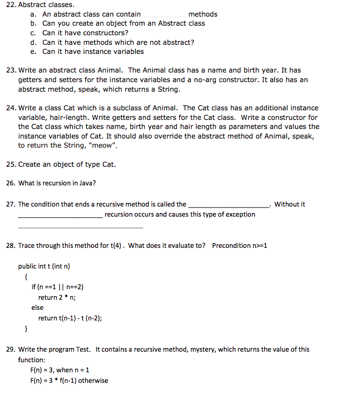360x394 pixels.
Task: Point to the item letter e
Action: (x=33, y=51)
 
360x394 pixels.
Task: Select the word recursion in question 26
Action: (x=52, y=183)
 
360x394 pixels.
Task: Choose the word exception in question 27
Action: (x=241, y=214)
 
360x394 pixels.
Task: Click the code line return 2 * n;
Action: (x=57, y=297)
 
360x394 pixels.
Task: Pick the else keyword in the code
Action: (x=37, y=307)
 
